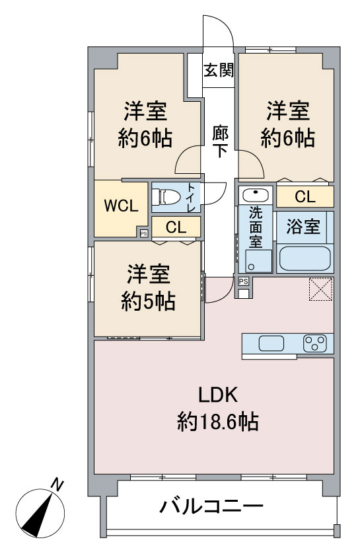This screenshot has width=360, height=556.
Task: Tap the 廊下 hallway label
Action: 220,141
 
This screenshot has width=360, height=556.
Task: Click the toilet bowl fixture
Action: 167,196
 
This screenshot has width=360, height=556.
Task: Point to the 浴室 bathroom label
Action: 304,227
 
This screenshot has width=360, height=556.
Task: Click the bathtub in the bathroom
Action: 304,257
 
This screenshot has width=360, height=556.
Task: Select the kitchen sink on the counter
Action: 271,344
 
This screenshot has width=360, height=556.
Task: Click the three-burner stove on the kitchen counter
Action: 314,344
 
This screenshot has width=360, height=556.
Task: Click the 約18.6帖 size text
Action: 217,421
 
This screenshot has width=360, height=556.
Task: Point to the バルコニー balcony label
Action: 212,508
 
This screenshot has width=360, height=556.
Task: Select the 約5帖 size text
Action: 148,301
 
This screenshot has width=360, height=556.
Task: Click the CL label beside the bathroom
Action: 304,196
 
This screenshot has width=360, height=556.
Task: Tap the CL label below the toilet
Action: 176,227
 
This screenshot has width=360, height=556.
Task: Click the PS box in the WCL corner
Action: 143,232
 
